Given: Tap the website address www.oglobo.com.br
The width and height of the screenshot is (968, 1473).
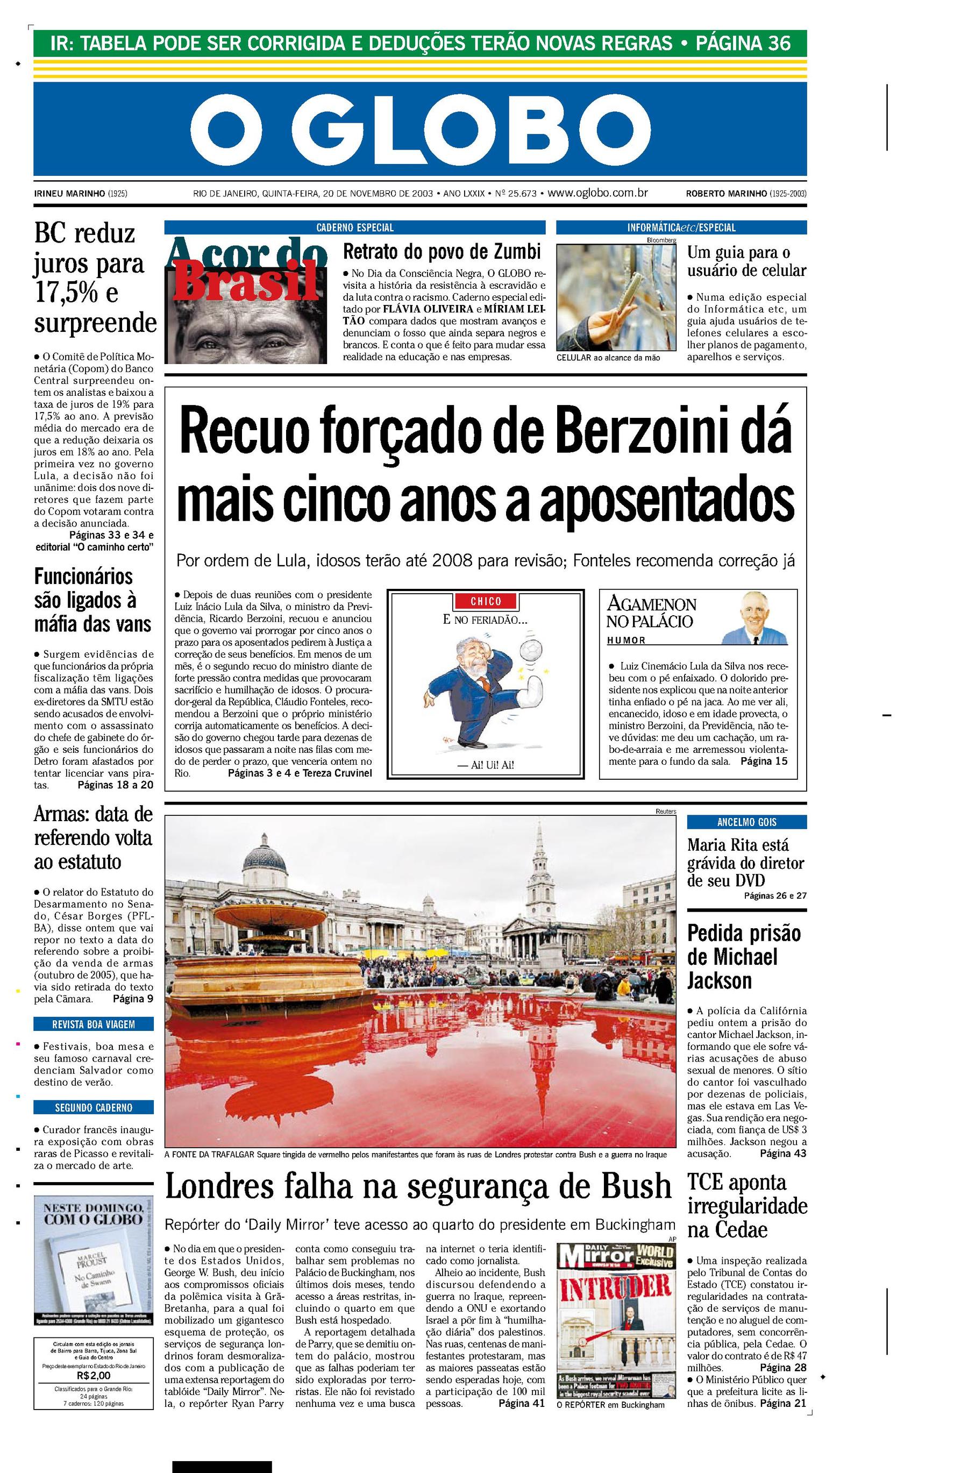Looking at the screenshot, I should (597, 193).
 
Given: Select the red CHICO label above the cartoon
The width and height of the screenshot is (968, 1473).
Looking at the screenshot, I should (485, 601).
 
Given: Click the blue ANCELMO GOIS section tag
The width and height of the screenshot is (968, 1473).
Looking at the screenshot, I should (746, 822).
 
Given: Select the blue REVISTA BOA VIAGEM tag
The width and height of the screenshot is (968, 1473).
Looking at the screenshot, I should (94, 1024).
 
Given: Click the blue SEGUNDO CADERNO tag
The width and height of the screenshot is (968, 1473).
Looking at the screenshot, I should (94, 1107).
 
